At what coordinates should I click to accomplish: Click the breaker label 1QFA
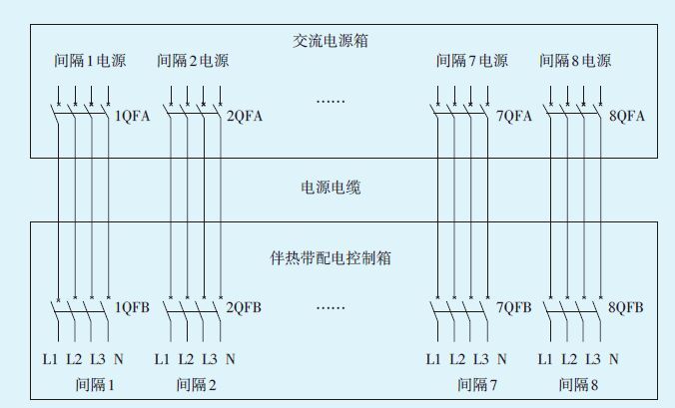(x=133, y=116)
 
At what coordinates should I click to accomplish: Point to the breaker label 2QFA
(x=245, y=116)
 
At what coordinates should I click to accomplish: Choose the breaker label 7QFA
(x=514, y=116)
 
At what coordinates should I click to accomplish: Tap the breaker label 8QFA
(x=627, y=116)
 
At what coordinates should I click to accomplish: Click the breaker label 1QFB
(x=133, y=307)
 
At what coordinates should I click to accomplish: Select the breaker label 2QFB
(x=245, y=307)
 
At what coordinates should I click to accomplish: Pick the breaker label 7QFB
(x=514, y=307)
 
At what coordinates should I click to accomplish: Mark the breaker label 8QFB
(x=627, y=307)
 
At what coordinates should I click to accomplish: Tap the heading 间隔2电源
(x=193, y=61)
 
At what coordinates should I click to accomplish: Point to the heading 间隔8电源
(x=575, y=61)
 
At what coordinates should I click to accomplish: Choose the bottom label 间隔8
(x=579, y=383)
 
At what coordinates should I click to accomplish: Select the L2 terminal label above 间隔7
(x=457, y=359)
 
